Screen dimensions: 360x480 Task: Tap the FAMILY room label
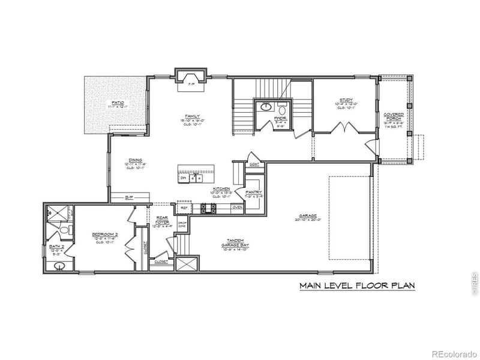coord(193,116)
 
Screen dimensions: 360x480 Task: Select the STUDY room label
coord(346,100)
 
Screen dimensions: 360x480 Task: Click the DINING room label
coord(134,160)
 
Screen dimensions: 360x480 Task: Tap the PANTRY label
coord(253,192)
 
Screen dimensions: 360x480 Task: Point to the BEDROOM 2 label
coord(103,235)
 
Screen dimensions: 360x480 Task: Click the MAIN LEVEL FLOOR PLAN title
coord(358,286)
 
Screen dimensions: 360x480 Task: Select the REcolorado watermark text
coord(453,353)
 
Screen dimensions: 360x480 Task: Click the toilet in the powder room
coord(282,110)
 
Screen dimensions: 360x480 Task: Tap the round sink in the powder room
coord(266,109)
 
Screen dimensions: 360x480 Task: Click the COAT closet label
coord(254,163)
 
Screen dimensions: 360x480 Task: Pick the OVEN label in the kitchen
coord(237,208)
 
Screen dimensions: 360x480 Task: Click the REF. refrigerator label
coord(184,208)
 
